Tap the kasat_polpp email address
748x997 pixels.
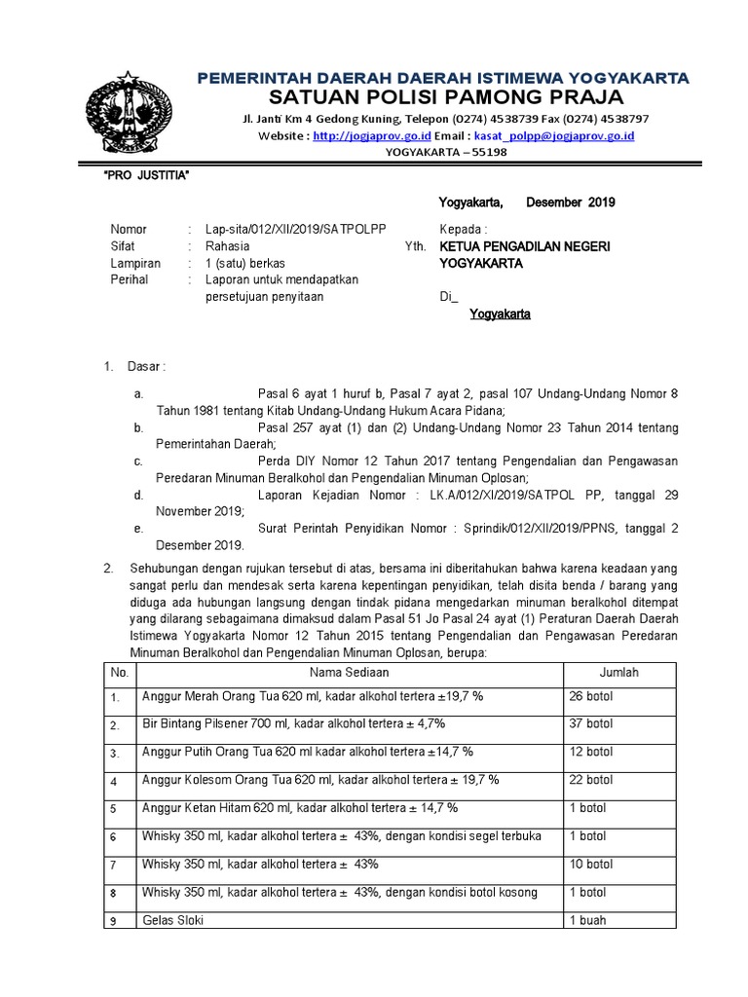553,136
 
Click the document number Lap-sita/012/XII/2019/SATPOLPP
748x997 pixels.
296,229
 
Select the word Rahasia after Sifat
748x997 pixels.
227,246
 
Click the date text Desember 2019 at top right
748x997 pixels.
570,203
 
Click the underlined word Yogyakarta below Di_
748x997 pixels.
500,314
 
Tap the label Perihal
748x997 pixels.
130,280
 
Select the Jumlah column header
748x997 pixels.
619,673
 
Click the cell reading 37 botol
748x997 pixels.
591,724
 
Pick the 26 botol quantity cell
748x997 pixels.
591,697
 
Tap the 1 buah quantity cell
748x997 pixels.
589,920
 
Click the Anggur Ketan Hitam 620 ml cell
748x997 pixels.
300,808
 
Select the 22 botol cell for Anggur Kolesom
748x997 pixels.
591,780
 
